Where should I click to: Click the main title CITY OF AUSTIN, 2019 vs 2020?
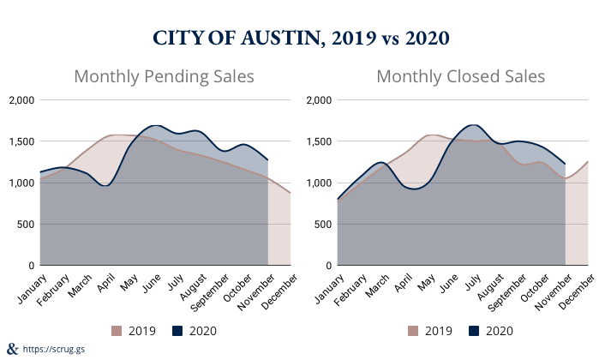[302, 39]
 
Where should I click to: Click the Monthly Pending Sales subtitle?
[165, 76]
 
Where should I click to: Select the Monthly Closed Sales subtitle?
[461, 76]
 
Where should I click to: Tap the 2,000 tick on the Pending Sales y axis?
[20, 100]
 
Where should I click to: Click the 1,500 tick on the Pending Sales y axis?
[20, 141]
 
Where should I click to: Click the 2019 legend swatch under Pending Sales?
[117, 330]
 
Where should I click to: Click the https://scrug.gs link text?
[54, 350]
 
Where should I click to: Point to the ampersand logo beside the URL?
[11, 348]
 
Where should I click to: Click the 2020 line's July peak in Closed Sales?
[473, 125]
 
